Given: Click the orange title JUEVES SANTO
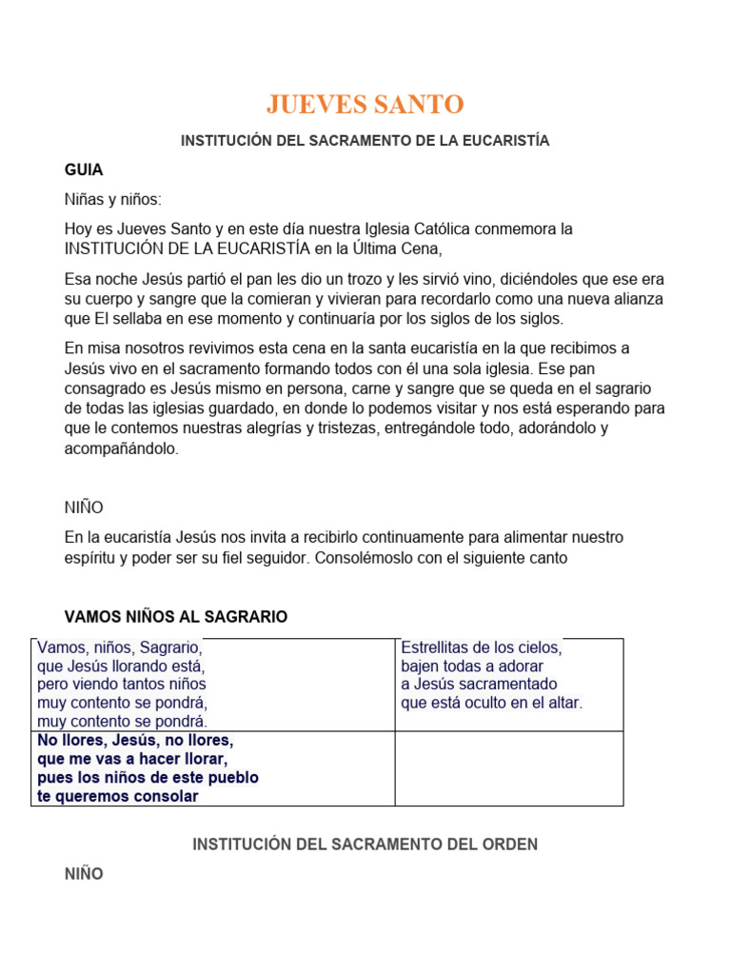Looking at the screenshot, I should click(365, 104).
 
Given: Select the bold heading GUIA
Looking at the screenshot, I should click(84, 169).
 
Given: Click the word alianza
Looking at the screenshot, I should click(637, 299).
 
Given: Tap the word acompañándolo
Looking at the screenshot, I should click(121, 448).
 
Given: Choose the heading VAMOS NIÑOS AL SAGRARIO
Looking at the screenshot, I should click(175, 617).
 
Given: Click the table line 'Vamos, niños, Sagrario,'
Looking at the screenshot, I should click(119, 647).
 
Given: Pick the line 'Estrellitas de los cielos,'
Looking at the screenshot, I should click(481, 647).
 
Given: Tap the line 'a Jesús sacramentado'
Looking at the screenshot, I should click(479, 684).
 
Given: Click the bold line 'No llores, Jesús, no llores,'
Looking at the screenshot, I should click(135, 740).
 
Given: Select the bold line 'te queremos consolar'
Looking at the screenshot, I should click(118, 796).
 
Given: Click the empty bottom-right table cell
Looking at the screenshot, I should click(509, 768).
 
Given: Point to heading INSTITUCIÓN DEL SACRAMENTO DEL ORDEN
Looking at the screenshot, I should click(365, 845).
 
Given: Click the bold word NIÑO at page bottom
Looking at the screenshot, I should click(84, 873).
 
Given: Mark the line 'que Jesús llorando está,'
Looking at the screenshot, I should click(121, 666).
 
